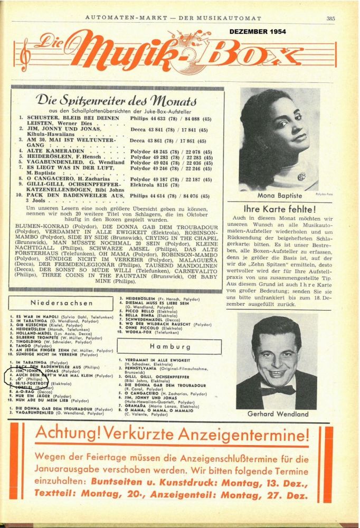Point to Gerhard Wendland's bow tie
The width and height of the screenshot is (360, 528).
click(x=278, y=390)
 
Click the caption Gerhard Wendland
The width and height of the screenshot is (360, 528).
click(x=278, y=414)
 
